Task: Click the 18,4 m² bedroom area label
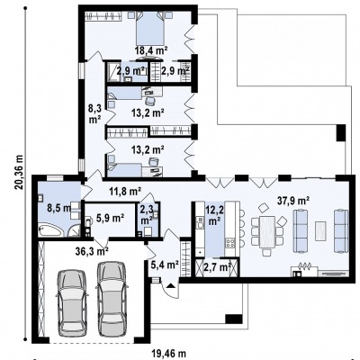(x=151, y=50)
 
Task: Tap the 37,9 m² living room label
(x=293, y=201)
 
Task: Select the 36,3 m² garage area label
(x=93, y=250)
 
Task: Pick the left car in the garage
(x=73, y=303)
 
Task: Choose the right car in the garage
(x=112, y=299)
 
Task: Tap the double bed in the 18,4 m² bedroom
(x=150, y=29)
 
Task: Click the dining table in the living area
(x=266, y=231)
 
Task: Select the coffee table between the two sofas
(x=320, y=230)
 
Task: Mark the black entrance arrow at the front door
(x=170, y=285)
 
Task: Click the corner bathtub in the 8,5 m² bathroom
(x=51, y=230)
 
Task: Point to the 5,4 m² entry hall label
(x=165, y=265)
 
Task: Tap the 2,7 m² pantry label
(x=218, y=266)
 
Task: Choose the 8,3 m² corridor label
(x=94, y=112)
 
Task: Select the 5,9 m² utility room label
(x=111, y=218)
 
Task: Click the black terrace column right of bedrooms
(x=341, y=132)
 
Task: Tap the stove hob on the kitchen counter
(x=230, y=242)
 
